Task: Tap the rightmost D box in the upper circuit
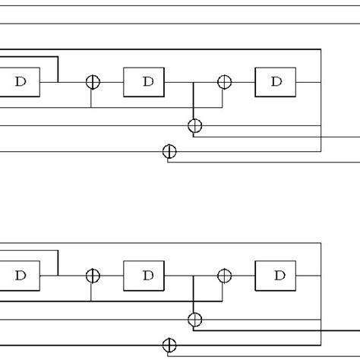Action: point(275,81)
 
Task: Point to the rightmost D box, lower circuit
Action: point(275,276)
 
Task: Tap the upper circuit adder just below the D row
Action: point(195,125)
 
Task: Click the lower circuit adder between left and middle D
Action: point(93,276)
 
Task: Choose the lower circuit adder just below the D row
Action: point(195,319)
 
